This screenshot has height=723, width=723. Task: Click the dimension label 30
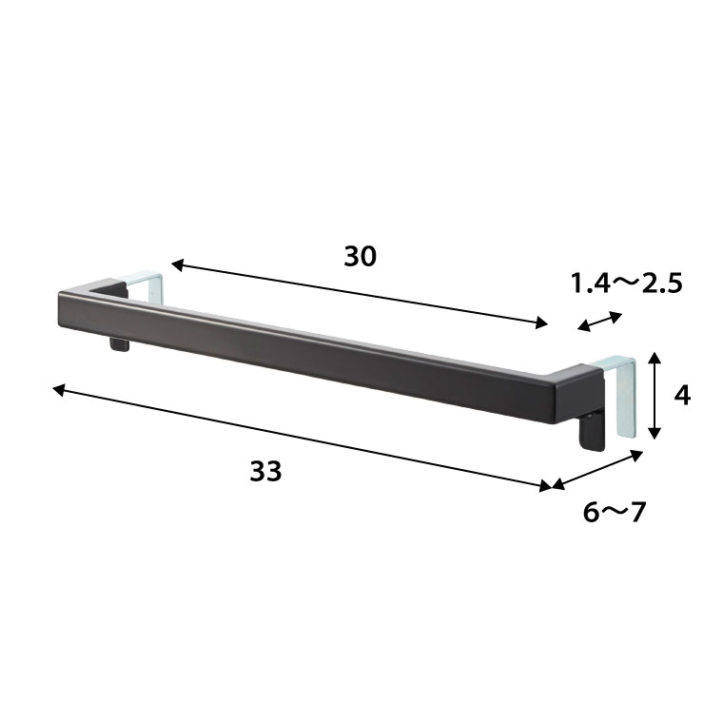361,256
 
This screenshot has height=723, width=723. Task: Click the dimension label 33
265,471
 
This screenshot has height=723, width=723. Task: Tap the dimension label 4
682,395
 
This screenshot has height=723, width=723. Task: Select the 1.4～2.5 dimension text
627,283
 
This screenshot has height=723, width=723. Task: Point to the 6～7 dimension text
615,512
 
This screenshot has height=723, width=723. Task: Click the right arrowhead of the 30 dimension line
541,322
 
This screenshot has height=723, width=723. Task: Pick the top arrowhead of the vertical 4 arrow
655,358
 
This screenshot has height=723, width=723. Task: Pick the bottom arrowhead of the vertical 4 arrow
655,433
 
